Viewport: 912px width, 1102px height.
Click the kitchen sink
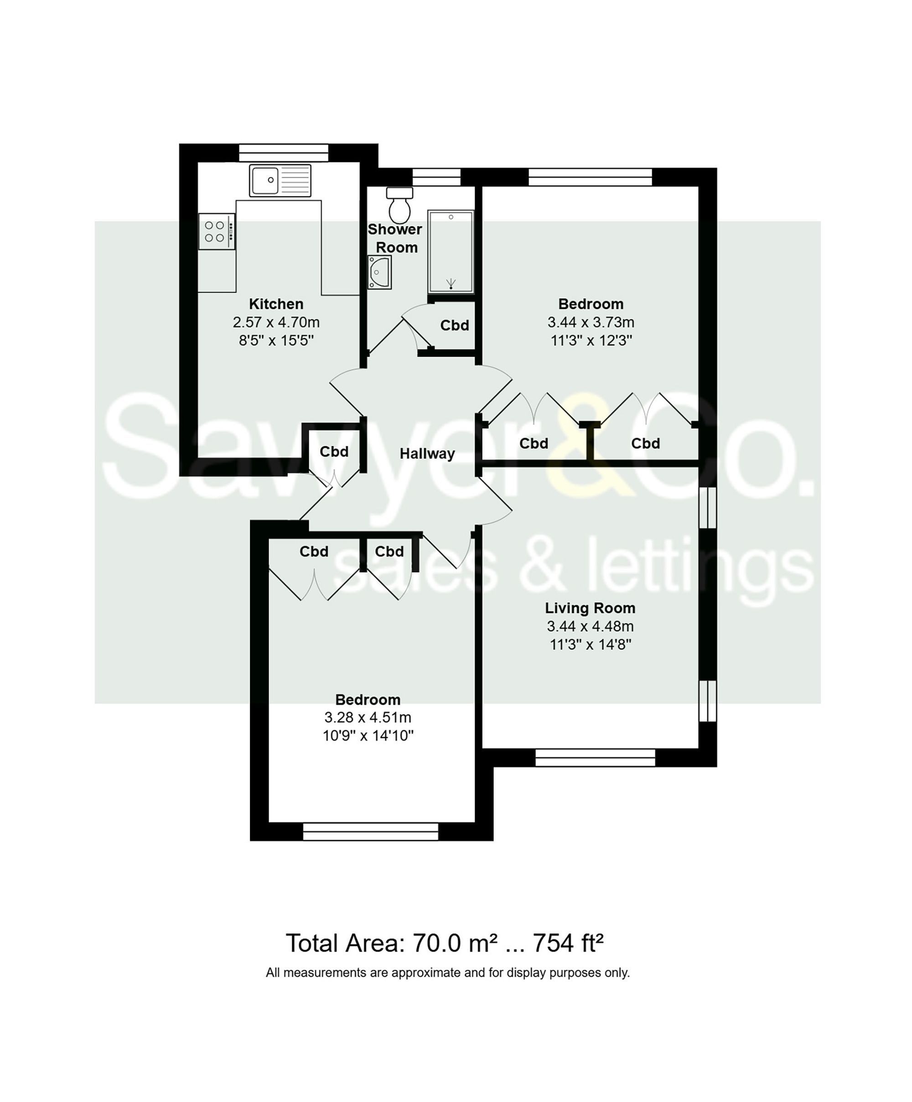(x=280, y=180)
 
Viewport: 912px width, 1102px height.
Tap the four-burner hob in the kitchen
(x=216, y=231)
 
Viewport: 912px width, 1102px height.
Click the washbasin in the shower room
(x=379, y=272)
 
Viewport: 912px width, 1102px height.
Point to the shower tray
(x=450, y=251)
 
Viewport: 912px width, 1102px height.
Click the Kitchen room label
(x=276, y=304)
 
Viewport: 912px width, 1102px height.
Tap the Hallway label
(x=427, y=454)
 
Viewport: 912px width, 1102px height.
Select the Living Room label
(x=590, y=608)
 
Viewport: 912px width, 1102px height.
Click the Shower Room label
(x=395, y=238)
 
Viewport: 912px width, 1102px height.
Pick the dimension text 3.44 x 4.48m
(x=590, y=627)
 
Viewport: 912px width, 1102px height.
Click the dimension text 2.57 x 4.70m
(x=276, y=322)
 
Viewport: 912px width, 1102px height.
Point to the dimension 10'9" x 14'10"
(x=368, y=736)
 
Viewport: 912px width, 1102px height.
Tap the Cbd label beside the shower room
(x=455, y=325)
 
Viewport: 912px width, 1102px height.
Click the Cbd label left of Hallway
(x=334, y=452)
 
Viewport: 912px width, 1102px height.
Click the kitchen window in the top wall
(x=283, y=153)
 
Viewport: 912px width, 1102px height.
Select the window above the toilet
(x=436, y=177)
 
